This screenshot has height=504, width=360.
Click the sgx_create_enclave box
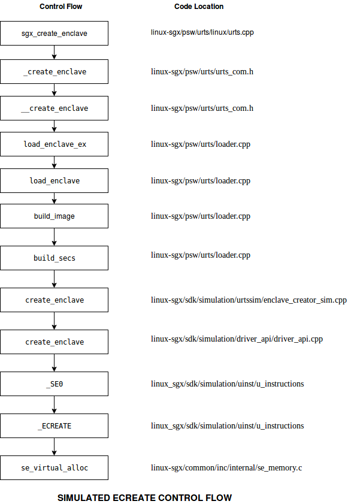point(54,33)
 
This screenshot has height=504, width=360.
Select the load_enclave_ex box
point(54,144)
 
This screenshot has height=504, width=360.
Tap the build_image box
point(54,216)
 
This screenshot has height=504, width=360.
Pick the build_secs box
point(54,258)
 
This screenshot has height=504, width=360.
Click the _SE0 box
point(54,384)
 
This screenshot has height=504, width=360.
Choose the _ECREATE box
point(54,425)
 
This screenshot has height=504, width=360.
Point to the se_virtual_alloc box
point(54,467)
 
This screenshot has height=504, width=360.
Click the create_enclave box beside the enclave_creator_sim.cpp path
point(54,300)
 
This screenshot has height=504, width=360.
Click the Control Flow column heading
point(61,7)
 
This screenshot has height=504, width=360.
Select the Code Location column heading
point(199,7)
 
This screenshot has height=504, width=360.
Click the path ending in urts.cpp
point(202,32)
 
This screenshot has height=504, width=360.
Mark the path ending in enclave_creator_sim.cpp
point(249,300)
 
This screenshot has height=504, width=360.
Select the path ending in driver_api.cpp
point(237,339)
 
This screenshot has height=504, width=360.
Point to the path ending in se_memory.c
point(226,467)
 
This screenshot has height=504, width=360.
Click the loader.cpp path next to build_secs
point(200,255)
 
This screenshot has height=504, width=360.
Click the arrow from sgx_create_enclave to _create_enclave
point(54,53)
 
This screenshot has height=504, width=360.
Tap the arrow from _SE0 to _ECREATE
point(54,405)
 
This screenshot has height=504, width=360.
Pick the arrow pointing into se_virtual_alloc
point(54,446)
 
